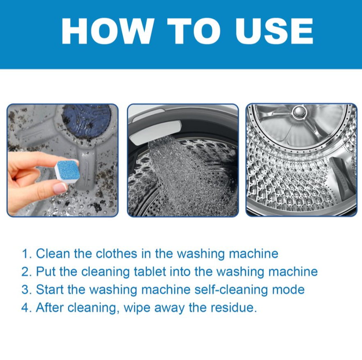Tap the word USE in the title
click(274, 31)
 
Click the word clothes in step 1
click(116, 253)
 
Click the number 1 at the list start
click(25, 254)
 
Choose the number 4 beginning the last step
click(25, 308)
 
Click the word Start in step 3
click(50, 289)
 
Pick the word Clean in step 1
click(53, 253)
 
